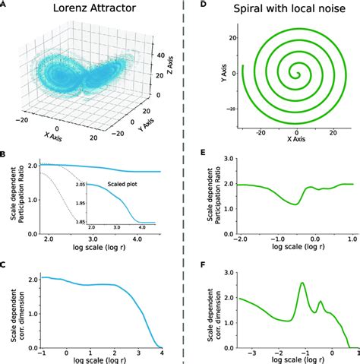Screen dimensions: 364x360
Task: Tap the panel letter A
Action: coord(4,5)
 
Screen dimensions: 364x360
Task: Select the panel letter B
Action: coord(4,155)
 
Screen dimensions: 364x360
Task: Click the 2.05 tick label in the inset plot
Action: coord(78,185)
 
